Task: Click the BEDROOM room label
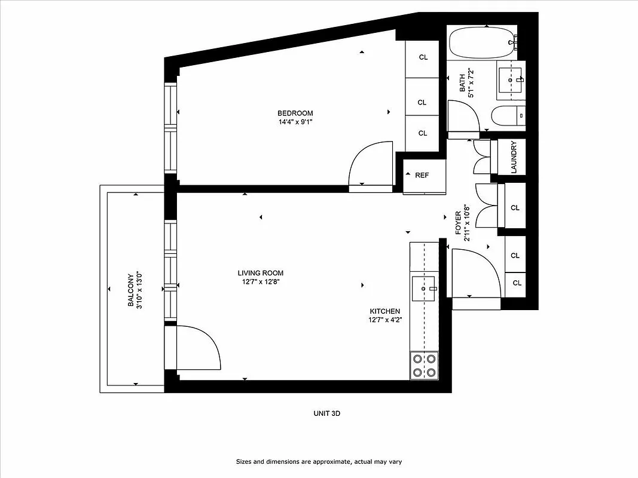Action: click(295, 114)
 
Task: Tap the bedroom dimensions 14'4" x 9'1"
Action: click(295, 122)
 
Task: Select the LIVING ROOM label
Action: click(260, 273)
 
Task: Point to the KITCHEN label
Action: click(384, 311)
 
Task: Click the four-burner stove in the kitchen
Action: click(424, 365)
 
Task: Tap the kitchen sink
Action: click(424, 289)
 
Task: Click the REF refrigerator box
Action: click(423, 176)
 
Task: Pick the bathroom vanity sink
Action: click(511, 80)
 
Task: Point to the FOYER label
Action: click(459, 222)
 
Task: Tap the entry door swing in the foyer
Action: click(475, 272)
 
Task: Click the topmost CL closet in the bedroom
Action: click(423, 57)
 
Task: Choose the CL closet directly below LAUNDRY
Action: click(515, 208)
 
